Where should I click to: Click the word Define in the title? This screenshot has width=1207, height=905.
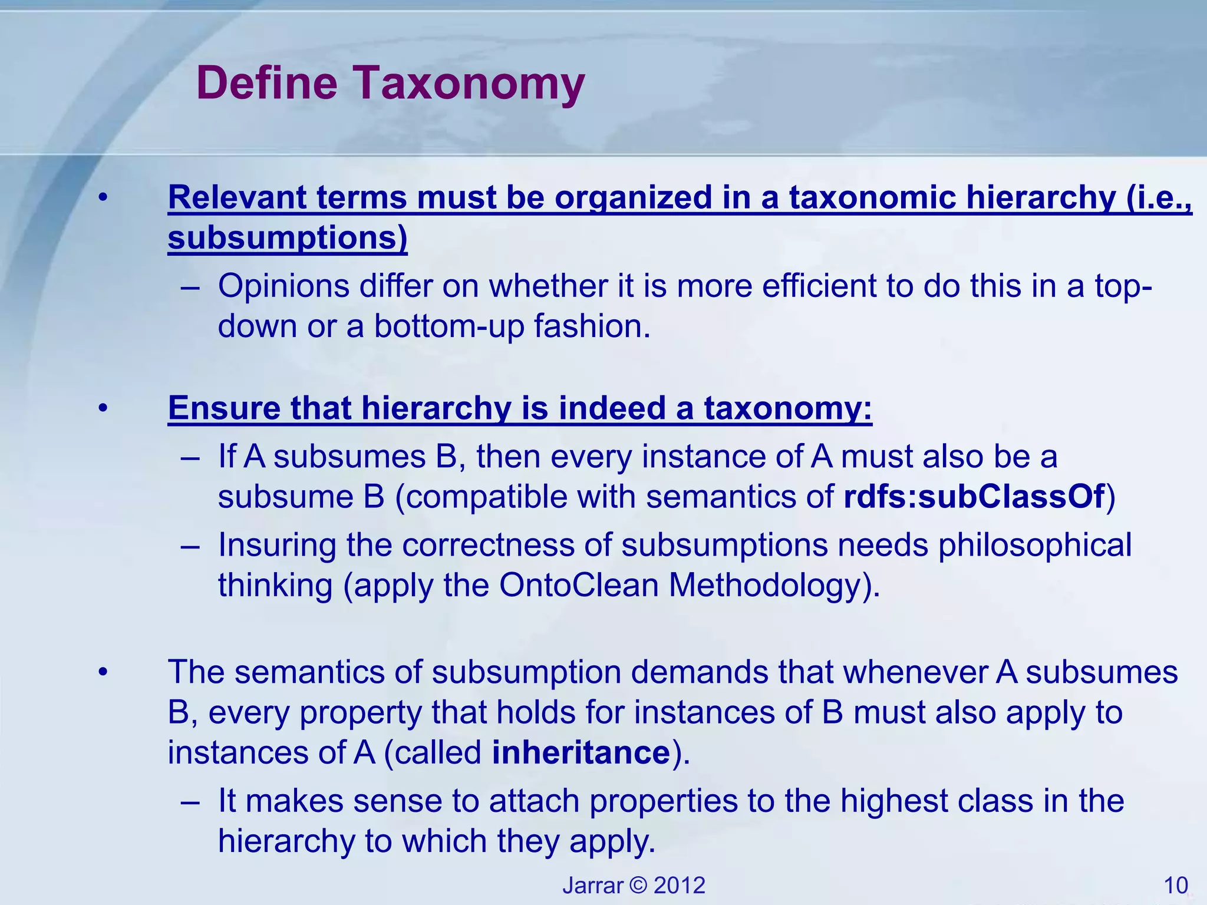(267, 82)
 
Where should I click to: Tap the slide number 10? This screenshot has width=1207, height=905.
(1176, 886)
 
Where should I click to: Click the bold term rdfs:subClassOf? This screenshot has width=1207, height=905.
(974, 497)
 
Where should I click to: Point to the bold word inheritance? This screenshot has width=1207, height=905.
(581, 752)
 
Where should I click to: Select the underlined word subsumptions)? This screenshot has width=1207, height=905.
(288, 238)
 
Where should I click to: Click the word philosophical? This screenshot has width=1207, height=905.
(1035, 545)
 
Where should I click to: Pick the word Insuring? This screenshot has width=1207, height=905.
(275, 545)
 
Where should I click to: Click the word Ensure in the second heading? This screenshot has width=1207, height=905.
(224, 408)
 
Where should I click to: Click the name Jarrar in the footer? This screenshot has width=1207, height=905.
(592, 886)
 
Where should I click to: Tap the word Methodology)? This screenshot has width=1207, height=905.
(774, 585)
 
